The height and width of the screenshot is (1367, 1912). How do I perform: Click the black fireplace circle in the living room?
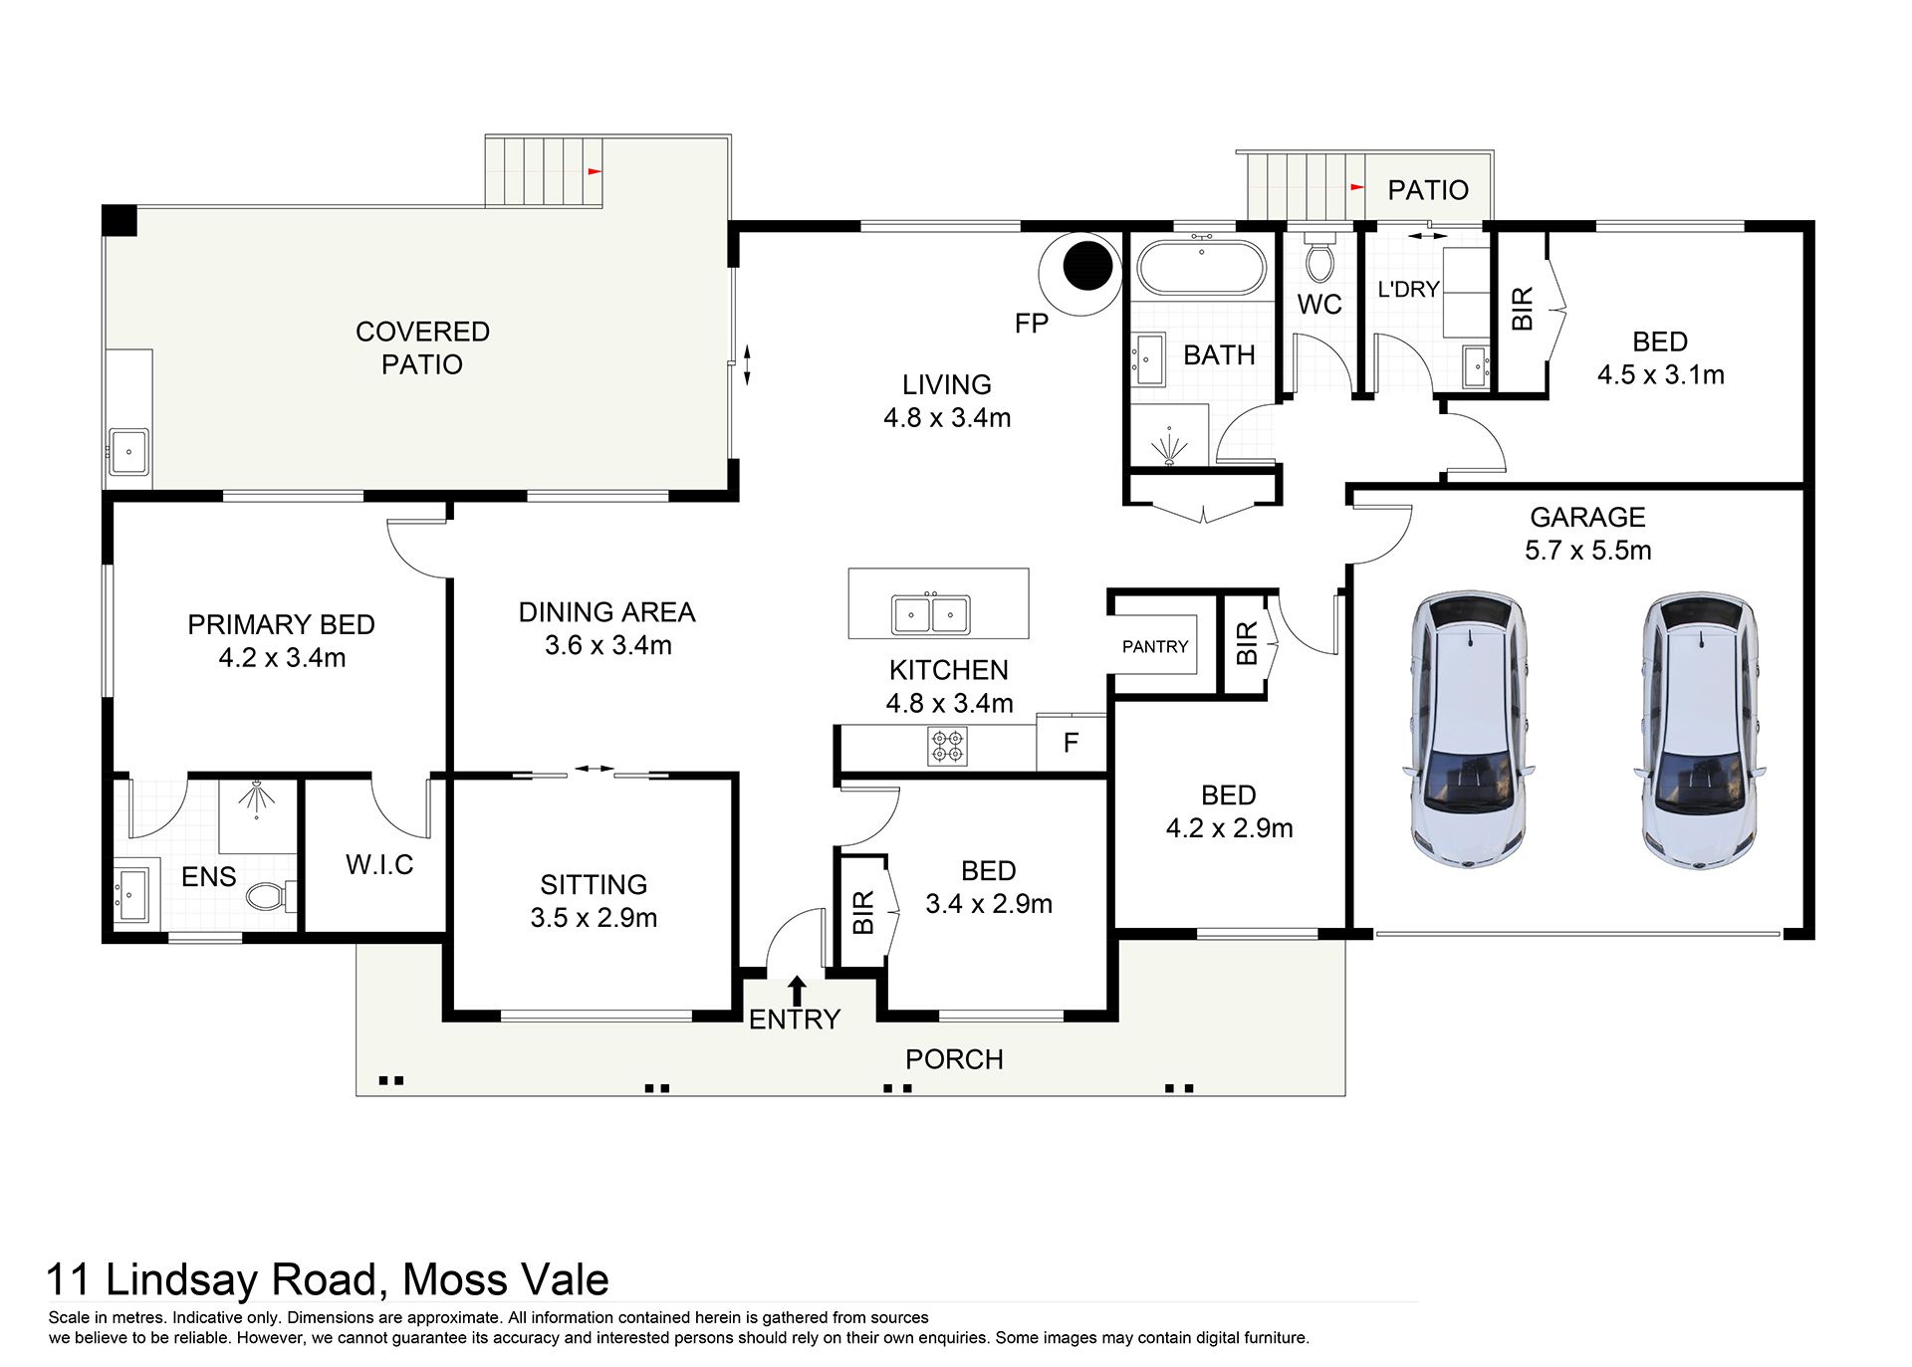tap(1087, 264)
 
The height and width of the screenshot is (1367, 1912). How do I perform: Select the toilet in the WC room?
tap(1319, 260)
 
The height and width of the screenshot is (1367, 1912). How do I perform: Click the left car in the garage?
tap(1469, 730)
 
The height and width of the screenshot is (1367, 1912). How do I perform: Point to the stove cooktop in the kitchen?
tap(946, 746)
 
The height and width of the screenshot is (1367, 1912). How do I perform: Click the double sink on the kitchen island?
tap(931, 614)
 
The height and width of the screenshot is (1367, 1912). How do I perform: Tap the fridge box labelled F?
tap(1071, 742)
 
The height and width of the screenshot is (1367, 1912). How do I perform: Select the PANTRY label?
tap(1155, 646)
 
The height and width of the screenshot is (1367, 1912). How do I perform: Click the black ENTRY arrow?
tap(797, 990)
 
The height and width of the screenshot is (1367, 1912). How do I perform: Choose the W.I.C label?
tap(379, 864)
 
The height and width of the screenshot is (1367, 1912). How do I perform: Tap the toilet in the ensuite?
tap(270, 896)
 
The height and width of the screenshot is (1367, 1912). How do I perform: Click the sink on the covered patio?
tap(128, 452)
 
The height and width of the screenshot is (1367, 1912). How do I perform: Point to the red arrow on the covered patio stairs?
tap(595, 171)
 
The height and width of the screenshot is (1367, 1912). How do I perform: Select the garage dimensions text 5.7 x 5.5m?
tap(1588, 551)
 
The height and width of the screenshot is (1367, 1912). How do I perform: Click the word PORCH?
tap(954, 1059)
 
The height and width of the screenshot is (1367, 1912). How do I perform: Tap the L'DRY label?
tap(1408, 289)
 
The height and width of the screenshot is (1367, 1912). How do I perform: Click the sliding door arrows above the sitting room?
tap(595, 769)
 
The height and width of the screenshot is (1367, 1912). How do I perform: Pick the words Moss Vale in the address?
tap(506, 1279)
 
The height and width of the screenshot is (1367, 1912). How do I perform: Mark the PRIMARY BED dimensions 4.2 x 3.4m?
tap(282, 657)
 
